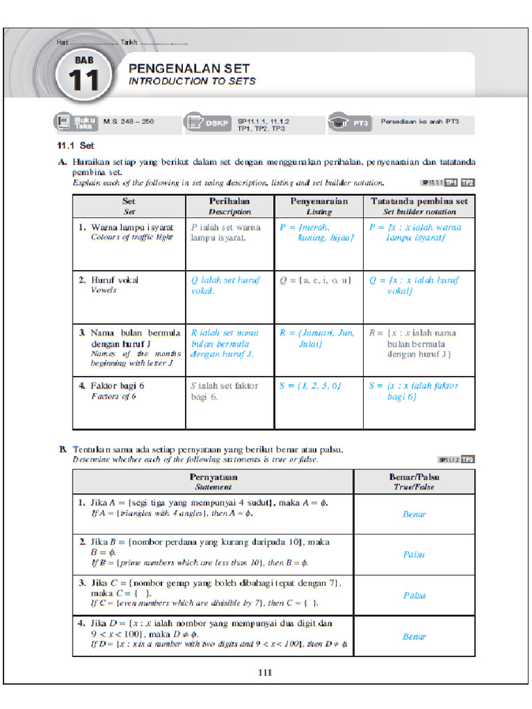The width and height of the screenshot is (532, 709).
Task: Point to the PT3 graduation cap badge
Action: pos(351,123)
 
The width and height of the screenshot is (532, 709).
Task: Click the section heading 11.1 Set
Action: pos(76,146)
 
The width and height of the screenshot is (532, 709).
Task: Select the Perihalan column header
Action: pos(229,206)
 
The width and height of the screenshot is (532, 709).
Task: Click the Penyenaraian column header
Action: pos(319,206)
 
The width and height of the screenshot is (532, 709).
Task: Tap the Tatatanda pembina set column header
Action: pos(419,206)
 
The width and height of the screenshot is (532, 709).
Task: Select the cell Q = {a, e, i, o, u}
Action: pos(316,280)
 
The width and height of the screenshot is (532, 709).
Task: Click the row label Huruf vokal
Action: pos(115,280)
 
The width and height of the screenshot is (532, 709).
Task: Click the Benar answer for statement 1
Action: pos(414,514)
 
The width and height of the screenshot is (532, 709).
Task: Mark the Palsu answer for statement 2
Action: pos(414,555)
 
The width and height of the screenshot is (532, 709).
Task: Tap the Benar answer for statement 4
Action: pos(414,636)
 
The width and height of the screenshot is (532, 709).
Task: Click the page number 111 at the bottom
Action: pos(266,672)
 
